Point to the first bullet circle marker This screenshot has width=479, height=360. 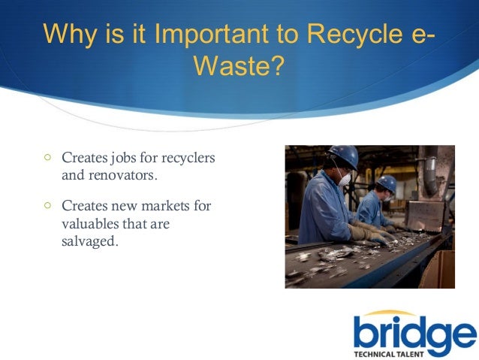click(47, 158)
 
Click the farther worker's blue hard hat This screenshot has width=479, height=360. click(387, 183)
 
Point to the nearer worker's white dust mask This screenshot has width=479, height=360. click(345, 180)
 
